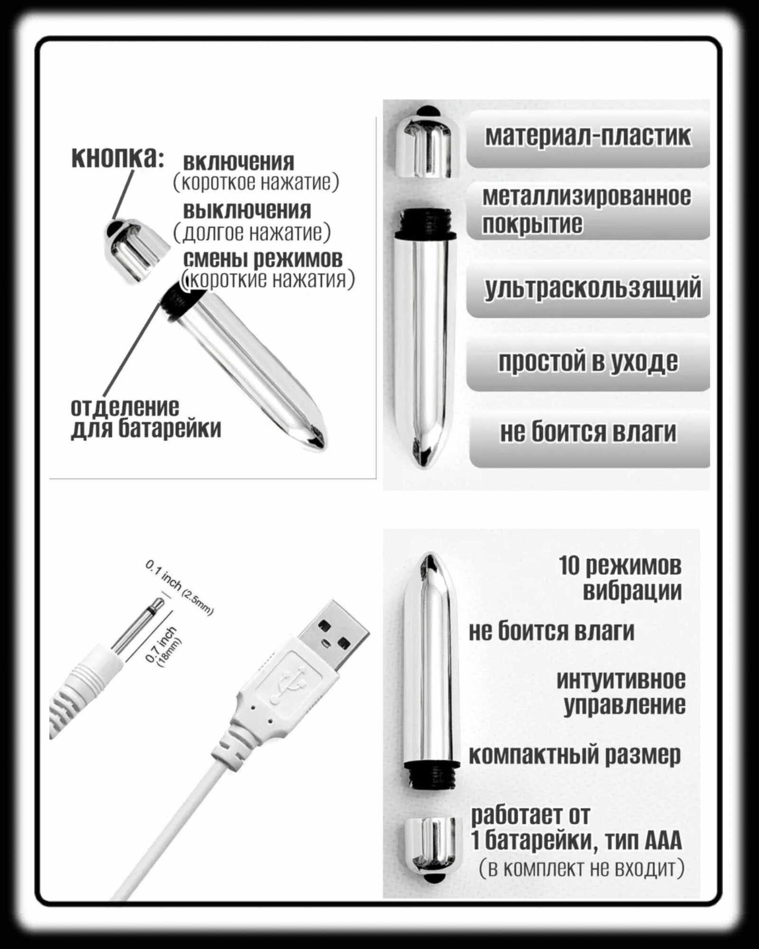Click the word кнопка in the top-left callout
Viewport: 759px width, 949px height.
(x=117, y=158)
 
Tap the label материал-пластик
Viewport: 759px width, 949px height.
(x=588, y=137)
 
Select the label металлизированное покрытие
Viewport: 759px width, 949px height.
(x=586, y=210)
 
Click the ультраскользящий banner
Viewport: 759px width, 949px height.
(x=592, y=289)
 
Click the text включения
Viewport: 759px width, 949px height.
(x=238, y=163)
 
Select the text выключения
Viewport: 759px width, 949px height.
(x=247, y=210)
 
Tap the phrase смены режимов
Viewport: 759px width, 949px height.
(x=262, y=259)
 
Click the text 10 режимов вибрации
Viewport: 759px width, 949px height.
(x=621, y=578)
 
